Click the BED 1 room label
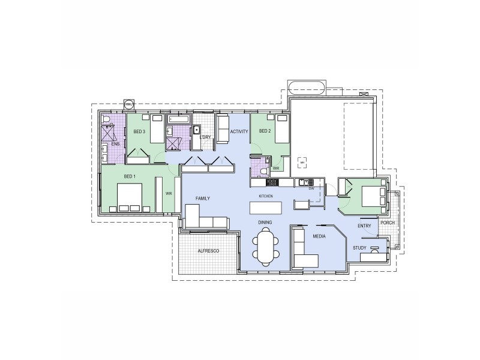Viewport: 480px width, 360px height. click(130, 176)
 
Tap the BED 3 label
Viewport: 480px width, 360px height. click(140, 131)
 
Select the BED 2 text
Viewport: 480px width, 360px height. click(265, 131)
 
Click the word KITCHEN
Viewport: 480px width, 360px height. click(266, 196)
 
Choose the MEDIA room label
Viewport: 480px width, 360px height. click(319, 237)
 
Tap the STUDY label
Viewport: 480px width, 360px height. click(359, 247)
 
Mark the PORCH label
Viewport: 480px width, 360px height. click(387, 222)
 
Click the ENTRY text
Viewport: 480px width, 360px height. click(364, 226)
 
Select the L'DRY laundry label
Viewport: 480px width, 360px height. click(205, 137)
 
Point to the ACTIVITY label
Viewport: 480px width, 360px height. click(239, 131)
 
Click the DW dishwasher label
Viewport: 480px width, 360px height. click(311, 188)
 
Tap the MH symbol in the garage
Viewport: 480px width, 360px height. click(302, 163)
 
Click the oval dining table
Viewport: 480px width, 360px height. click(266, 247)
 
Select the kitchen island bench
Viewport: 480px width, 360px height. click(266, 208)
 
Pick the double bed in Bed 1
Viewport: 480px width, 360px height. click(130, 197)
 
